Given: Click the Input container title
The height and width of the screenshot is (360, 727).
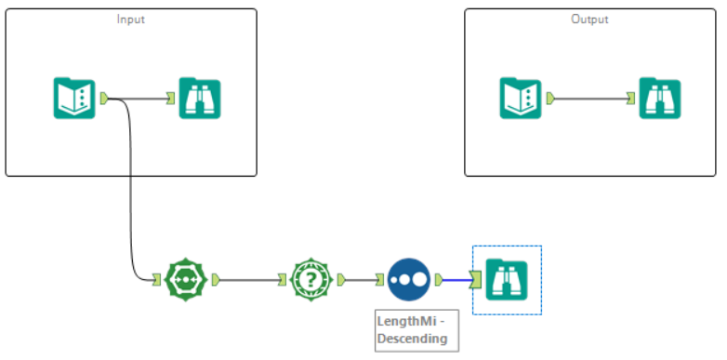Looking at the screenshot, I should pos(130,19).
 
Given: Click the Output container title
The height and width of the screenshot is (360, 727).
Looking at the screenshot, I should pos(590,19).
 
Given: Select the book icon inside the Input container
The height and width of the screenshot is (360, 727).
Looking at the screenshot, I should pos(74,98).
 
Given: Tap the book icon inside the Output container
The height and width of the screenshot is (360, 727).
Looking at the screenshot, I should pos(522,98).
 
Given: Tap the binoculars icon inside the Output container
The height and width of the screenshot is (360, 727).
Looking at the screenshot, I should pos(659,98).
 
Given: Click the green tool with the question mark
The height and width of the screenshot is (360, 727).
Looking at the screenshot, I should pos(311,278).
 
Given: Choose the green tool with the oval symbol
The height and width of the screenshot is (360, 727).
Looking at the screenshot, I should pos(185,278).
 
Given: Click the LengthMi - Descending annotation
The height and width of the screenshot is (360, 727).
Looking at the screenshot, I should pos(411,329).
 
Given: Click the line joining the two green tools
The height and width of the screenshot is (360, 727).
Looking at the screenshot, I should pos(249,278).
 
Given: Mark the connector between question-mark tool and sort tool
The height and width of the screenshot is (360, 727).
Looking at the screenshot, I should pos(361,278).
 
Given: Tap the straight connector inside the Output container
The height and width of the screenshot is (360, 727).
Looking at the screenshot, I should pos(590,98).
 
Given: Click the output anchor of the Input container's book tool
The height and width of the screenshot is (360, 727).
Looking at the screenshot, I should pos(104,98).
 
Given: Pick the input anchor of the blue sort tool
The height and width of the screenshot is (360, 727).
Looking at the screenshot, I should pos(380,278).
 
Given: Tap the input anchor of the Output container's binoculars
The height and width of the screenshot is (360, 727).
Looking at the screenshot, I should pos(631,98).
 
